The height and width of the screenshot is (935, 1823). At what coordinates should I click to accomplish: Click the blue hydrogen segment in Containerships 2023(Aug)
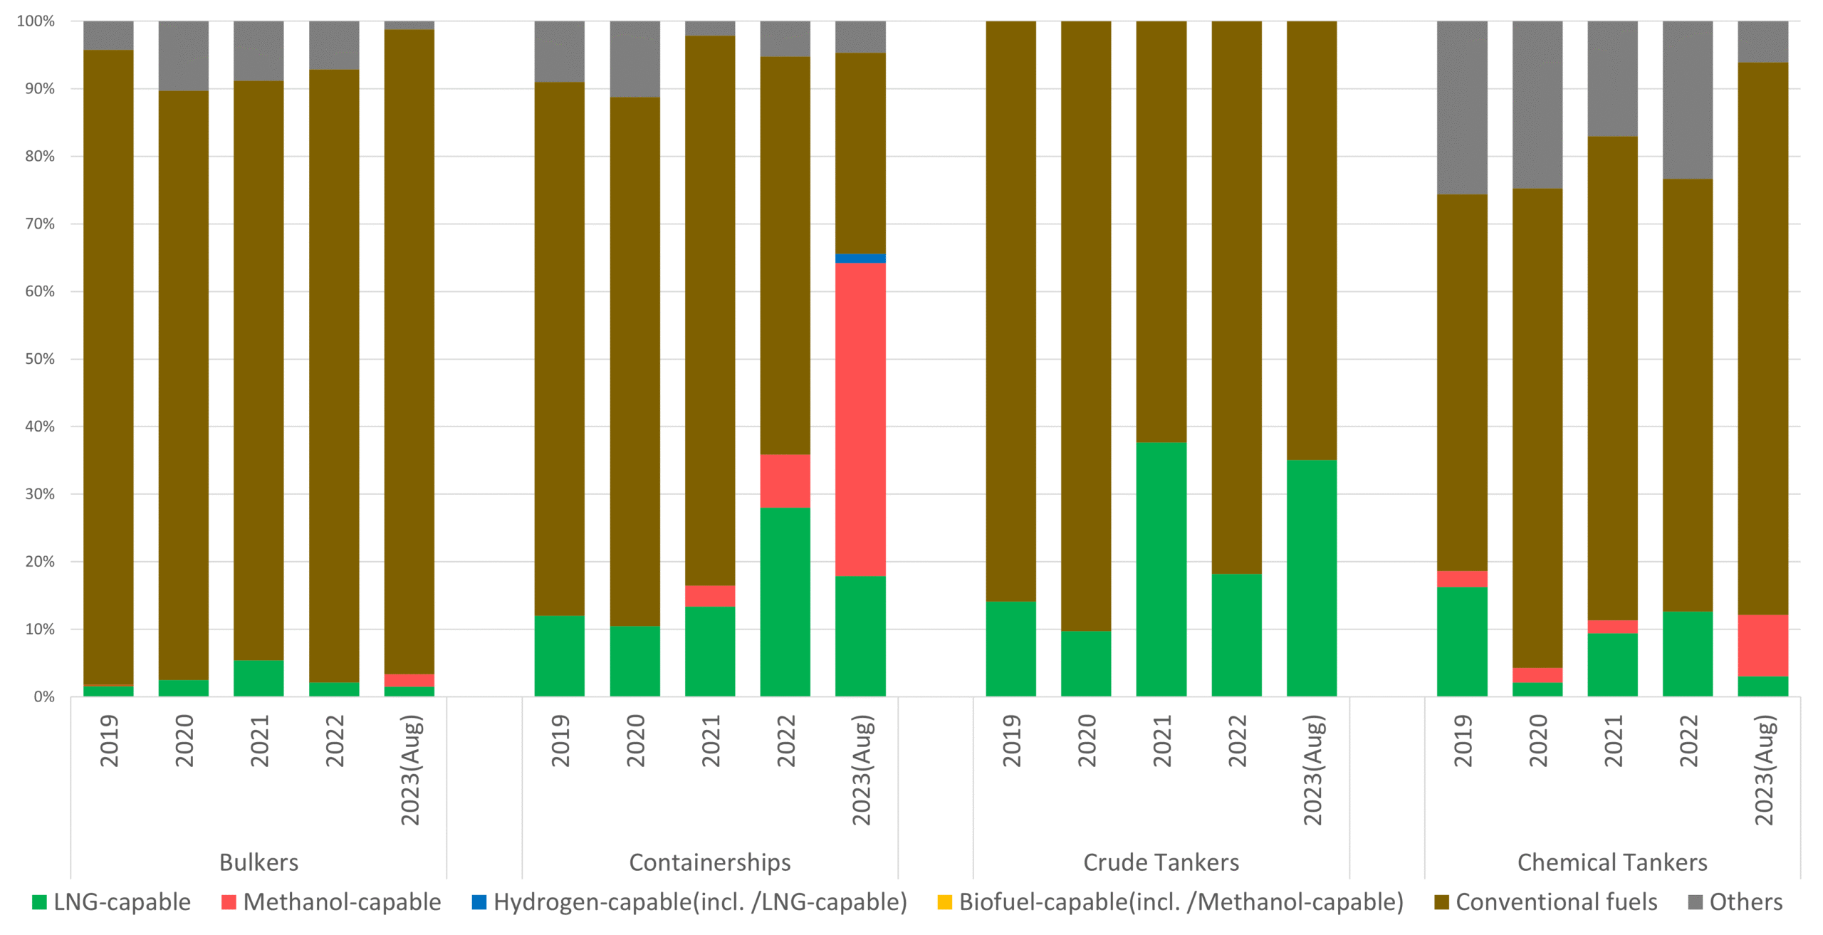click(x=860, y=258)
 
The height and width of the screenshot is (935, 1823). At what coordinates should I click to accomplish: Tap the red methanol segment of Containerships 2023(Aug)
click(x=860, y=419)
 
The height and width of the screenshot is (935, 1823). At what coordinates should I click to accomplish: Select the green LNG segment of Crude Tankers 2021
click(x=1161, y=569)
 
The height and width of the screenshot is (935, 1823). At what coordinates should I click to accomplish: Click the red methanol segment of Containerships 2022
click(x=785, y=481)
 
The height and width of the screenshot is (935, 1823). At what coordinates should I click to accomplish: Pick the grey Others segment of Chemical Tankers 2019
click(x=1462, y=108)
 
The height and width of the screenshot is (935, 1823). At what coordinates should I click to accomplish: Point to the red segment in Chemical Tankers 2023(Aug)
click(x=1762, y=645)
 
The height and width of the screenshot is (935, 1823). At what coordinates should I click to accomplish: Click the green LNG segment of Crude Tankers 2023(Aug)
click(x=1312, y=578)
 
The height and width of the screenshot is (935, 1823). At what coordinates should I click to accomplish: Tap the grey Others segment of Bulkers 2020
click(x=184, y=56)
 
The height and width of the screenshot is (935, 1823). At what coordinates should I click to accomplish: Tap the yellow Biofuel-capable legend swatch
click(x=944, y=902)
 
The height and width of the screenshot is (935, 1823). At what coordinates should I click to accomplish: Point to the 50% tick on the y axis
click(x=40, y=359)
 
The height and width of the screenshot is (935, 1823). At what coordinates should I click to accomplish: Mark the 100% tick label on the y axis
click(x=36, y=21)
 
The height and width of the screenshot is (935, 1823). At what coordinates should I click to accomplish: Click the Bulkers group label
click(x=258, y=862)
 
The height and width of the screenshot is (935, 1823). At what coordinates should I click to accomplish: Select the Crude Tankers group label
click(x=1161, y=862)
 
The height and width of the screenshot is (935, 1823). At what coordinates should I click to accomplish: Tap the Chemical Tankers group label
click(x=1612, y=862)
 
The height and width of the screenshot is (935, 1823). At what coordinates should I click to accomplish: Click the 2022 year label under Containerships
click(x=785, y=741)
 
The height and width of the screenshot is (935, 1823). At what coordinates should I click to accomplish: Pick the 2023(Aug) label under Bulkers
click(x=411, y=770)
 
